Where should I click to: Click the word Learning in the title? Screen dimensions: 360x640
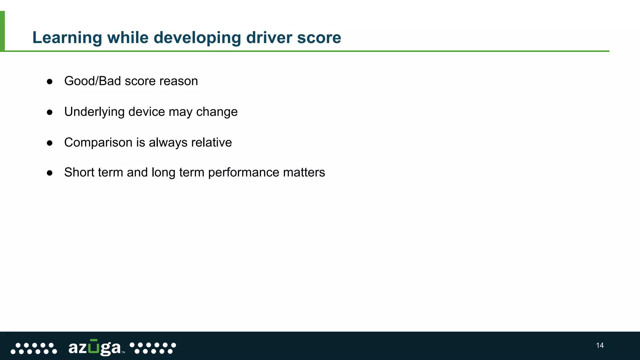(67, 38)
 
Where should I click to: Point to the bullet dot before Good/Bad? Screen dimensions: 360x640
(49, 82)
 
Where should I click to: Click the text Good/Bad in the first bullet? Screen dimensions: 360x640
(92, 81)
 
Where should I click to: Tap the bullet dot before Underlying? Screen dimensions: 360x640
(49, 112)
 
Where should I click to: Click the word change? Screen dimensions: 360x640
(217, 112)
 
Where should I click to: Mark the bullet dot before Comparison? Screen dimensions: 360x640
(49, 143)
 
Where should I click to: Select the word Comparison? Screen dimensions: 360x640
(98, 142)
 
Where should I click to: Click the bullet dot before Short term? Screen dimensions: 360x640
(49, 173)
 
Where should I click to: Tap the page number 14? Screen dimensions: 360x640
(600, 345)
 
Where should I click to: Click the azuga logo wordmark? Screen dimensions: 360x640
(94, 347)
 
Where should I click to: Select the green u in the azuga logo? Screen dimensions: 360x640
(93, 347)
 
